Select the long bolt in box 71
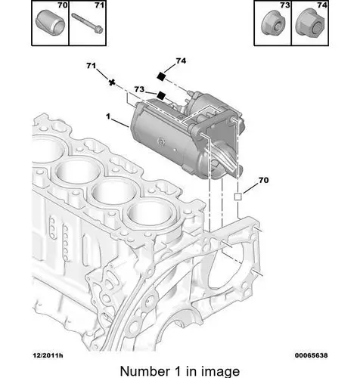[88, 23]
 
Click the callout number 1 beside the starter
[108, 116]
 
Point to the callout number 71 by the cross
[91, 66]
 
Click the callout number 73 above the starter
[139, 89]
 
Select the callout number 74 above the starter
[181, 60]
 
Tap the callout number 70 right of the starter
[263, 180]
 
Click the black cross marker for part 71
[112, 82]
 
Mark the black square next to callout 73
[161, 95]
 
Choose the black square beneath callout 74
[160, 76]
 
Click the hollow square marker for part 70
[238, 197]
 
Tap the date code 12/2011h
[48, 355]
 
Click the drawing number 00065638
[312, 355]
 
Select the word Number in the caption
[145, 371]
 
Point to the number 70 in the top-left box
[63, 5]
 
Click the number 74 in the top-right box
[322, 5]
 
